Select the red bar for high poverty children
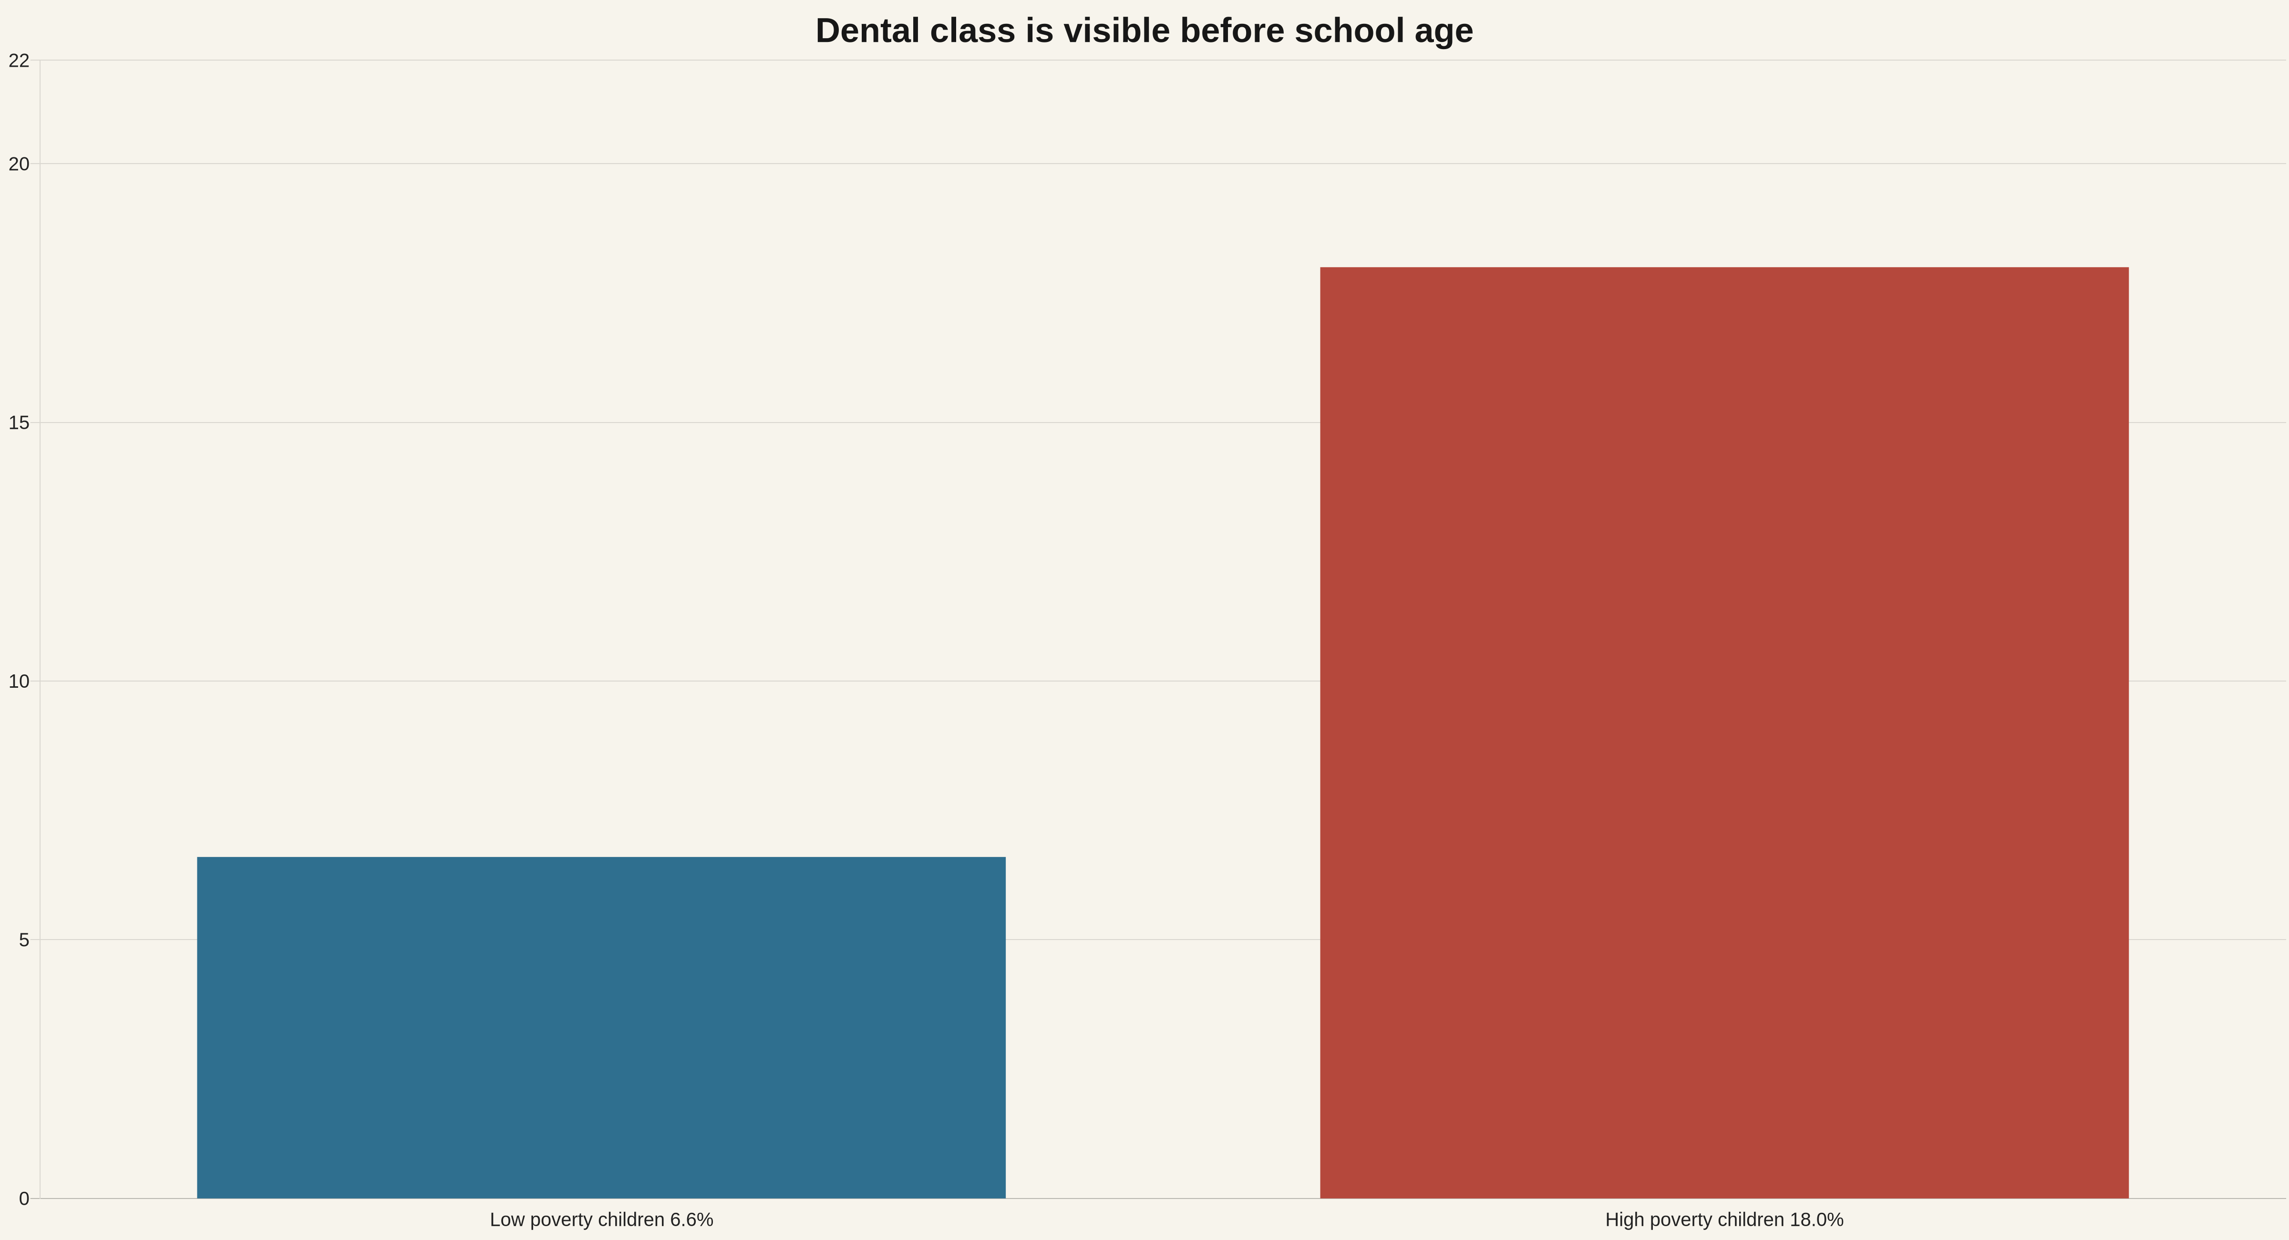(x=1724, y=733)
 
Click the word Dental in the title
(x=867, y=31)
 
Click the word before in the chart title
(x=1232, y=31)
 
